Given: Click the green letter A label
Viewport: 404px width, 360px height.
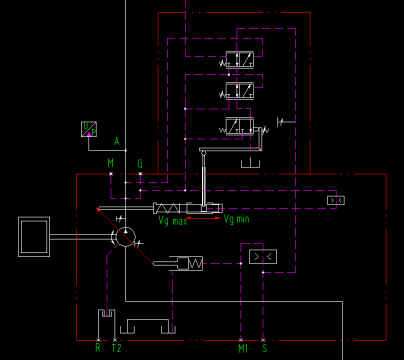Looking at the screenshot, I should coord(116,142).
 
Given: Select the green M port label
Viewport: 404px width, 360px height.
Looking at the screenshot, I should coord(111,162).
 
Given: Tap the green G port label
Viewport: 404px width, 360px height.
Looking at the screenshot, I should coord(140,162).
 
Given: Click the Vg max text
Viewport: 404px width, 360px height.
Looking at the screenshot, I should coord(172,221).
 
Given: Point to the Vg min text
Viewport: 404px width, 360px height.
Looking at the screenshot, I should coord(236,219).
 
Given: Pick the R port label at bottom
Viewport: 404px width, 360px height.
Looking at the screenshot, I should coord(98,348).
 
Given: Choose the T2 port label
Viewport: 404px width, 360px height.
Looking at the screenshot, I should coord(116,348).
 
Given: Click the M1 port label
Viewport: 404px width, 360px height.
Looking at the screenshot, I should coord(243,348).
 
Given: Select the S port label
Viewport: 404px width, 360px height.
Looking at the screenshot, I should coord(265,348).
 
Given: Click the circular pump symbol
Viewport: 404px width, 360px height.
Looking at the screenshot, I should coord(124,237).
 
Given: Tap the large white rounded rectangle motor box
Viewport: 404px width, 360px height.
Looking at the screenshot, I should coord(34,237).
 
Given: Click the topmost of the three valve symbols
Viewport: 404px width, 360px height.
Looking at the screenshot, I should coord(239,59).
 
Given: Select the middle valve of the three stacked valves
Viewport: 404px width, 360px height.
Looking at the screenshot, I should coord(239,91).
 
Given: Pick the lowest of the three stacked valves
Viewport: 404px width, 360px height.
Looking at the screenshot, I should coord(239,126).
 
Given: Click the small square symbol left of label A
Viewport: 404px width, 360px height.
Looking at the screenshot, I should coord(89,128).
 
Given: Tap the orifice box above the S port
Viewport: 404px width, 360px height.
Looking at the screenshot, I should coord(263,257).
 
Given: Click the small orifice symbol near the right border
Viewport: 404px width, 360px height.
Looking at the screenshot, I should coord(336,200).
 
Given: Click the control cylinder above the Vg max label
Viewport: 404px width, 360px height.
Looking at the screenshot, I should coord(187,208).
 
